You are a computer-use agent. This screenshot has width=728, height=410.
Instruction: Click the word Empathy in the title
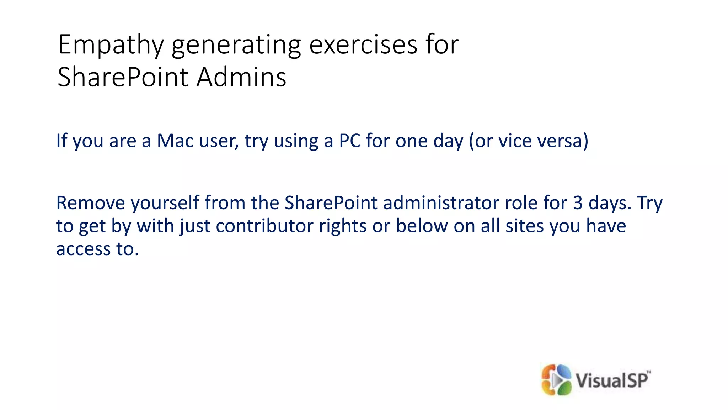(111, 45)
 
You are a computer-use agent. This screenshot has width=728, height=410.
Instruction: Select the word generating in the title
(236, 45)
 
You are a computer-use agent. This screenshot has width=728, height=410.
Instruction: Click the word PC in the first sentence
(350, 141)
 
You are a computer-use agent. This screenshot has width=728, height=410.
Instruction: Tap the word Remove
(91, 203)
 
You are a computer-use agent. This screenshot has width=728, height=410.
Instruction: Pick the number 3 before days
(578, 203)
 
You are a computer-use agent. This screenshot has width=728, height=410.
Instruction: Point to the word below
(422, 226)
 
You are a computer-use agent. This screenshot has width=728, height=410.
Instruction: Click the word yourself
(165, 203)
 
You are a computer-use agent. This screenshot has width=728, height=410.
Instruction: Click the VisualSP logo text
(612, 380)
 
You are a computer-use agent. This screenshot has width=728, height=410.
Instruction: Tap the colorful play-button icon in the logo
(556, 380)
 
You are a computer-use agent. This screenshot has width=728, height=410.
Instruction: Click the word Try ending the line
(650, 204)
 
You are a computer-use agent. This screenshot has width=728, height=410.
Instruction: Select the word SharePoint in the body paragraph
(331, 203)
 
